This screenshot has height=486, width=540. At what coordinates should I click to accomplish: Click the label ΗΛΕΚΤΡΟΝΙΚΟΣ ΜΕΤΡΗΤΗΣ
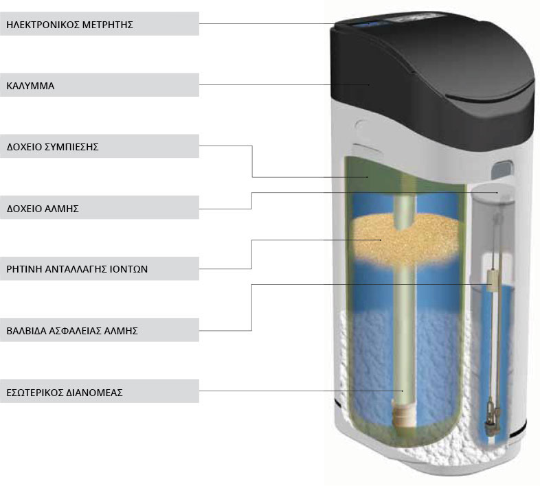pyautogui.click(x=69, y=25)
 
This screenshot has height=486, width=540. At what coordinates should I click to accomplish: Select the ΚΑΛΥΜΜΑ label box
pyautogui.click(x=31, y=86)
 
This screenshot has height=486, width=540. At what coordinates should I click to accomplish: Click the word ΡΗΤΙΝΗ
pyautogui.click(x=24, y=269)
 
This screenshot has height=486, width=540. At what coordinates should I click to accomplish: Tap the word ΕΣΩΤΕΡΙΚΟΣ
pyautogui.click(x=36, y=393)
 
